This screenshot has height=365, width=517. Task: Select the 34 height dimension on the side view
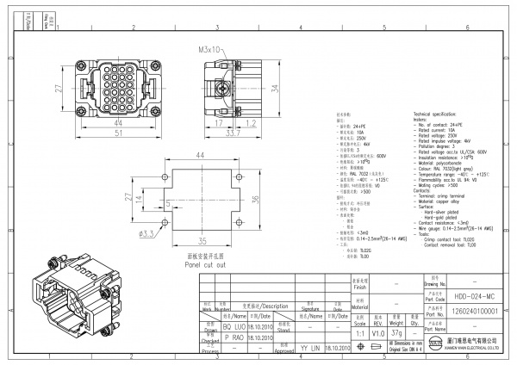tap(275, 90)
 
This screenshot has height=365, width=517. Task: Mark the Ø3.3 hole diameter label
tap(146, 233)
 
